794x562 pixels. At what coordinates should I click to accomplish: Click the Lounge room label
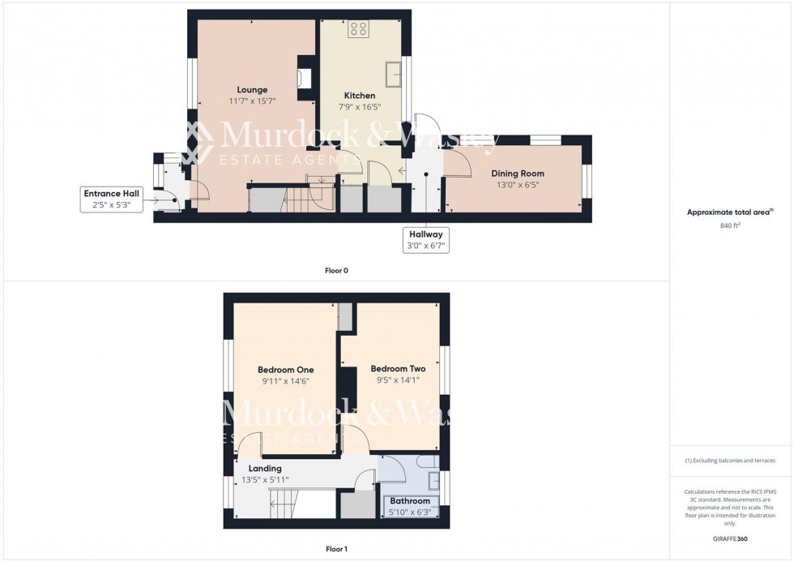(252, 89)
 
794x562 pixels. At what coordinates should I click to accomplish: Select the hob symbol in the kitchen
(359, 30)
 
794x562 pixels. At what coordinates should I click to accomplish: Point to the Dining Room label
(518, 174)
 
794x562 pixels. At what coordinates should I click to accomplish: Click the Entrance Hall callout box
(112, 199)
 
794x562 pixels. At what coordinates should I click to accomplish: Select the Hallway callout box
(426, 239)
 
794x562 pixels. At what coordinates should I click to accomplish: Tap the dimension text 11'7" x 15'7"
(252, 101)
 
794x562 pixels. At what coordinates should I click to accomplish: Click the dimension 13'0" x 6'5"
(518, 185)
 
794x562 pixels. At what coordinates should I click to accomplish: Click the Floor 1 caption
(336, 549)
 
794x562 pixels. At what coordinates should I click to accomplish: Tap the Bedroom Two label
(398, 369)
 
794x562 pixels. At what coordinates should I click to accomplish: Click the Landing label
(265, 469)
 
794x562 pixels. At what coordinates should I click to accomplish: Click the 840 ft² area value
(730, 225)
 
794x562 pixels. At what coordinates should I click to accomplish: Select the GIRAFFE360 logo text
(730, 538)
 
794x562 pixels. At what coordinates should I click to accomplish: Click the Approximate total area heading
(730, 212)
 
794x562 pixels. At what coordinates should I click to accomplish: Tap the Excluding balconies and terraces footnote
(730, 461)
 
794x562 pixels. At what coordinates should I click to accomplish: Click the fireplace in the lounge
(305, 78)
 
